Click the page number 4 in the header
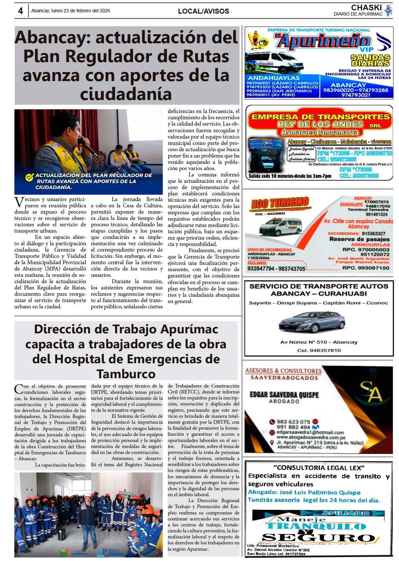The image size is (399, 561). (x=20, y=11)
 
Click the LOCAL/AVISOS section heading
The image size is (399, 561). (x=203, y=11)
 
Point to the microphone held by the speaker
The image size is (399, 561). (x=82, y=143)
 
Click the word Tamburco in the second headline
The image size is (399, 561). (x=126, y=374)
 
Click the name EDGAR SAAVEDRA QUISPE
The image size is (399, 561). (x=284, y=395)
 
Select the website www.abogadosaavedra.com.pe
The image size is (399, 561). (x=311, y=437)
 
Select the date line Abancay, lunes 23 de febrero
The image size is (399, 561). (x=70, y=11)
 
